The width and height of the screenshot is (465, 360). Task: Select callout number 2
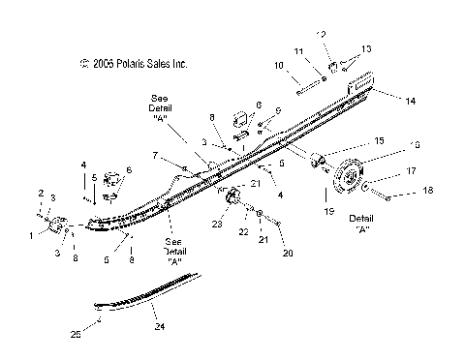(x=40, y=193)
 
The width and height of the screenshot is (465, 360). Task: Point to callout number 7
(x=154, y=155)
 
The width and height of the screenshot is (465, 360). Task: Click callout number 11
(x=299, y=50)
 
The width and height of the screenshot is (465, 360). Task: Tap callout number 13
(x=366, y=48)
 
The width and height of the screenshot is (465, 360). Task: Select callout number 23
(x=217, y=225)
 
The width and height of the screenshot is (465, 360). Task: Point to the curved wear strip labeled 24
(x=145, y=289)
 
